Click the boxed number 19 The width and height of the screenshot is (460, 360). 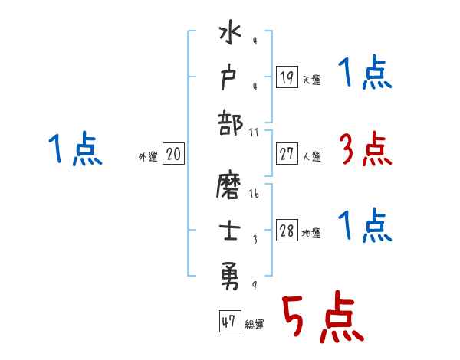[x=286, y=77]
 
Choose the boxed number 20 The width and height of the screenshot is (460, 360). [x=173, y=155]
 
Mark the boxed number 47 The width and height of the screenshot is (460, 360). [x=228, y=322]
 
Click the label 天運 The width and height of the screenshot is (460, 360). [x=311, y=80]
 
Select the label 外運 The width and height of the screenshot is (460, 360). [x=148, y=157]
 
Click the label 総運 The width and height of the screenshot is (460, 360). [x=254, y=324]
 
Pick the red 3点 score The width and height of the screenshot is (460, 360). [x=365, y=149]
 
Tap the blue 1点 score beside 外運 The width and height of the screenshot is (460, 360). [x=75, y=149]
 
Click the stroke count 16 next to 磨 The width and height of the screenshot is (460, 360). [x=255, y=195]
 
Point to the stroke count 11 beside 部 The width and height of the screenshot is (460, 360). [x=255, y=133]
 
